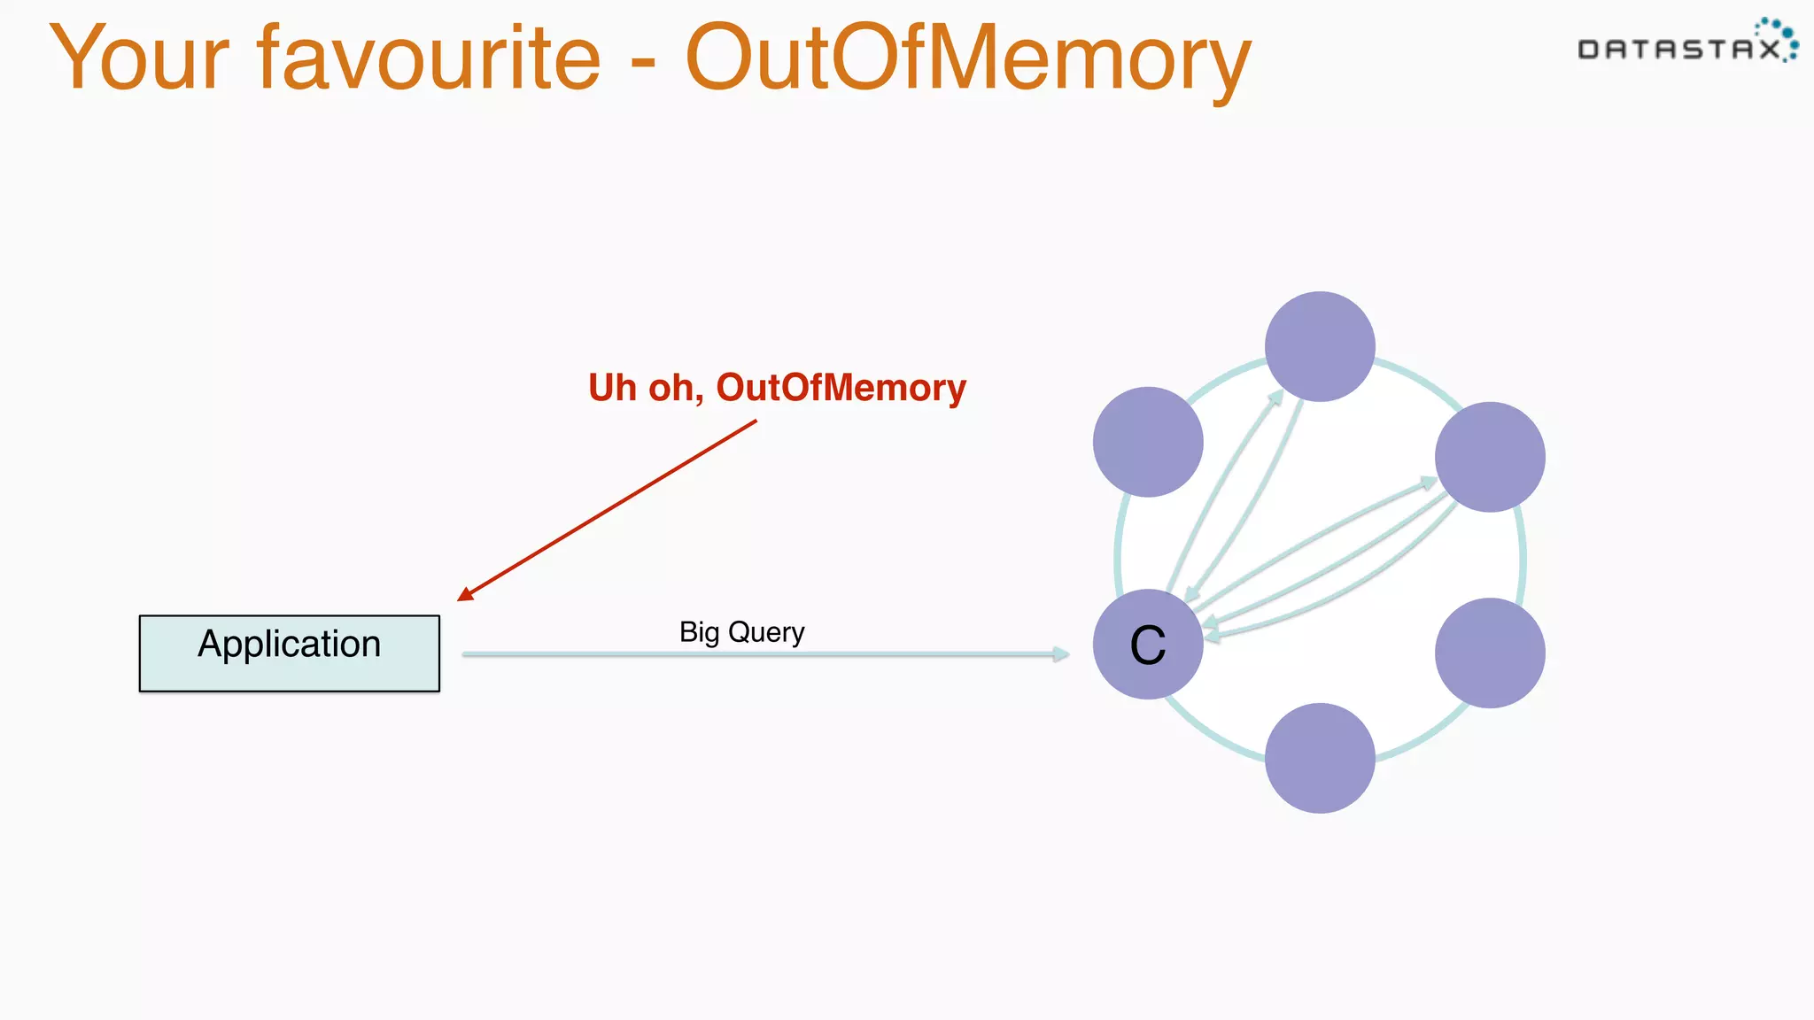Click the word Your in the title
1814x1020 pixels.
(x=140, y=58)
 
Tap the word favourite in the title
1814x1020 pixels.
(x=429, y=58)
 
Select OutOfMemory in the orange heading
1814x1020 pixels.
(x=967, y=58)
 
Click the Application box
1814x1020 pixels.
(x=289, y=653)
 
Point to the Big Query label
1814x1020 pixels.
(x=741, y=632)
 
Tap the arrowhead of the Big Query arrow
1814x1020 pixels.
(x=1060, y=654)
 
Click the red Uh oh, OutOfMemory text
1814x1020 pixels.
(x=777, y=388)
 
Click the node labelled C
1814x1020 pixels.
(x=1148, y=645)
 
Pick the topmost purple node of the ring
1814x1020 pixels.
(x=1320, y=346)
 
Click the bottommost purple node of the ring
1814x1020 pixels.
(x=1320, y=758)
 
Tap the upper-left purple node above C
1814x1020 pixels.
(x=1148, y=442)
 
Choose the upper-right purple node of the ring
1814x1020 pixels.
(x=1490, y=457)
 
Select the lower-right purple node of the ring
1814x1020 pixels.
(x=1490, y=653)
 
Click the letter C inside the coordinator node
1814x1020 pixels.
(x=1148, y=645)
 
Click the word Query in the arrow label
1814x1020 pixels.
(x=766, y=633)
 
